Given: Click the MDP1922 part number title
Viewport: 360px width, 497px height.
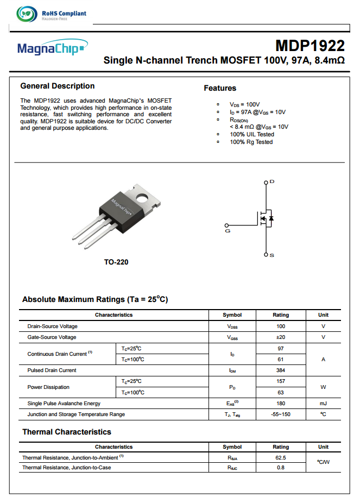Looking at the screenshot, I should pos(310,46).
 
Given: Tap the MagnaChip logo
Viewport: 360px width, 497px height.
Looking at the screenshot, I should pos(51,49).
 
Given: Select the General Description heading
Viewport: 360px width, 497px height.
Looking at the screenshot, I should pos(57,86).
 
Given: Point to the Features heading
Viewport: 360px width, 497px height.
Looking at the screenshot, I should pos(220,88).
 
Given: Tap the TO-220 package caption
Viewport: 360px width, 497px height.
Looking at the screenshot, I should pos(116,262).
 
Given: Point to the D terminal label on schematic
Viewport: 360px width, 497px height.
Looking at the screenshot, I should pos(272,181).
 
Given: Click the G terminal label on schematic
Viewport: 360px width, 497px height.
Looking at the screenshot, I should pos(227,231).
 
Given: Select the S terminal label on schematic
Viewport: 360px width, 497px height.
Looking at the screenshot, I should pos(272,255).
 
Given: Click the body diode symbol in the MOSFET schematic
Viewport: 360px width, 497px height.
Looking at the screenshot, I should pos(271,218).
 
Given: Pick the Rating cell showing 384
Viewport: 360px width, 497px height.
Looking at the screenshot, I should pos(281,370).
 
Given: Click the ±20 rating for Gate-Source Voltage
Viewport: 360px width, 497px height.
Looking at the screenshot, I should pos(281,337).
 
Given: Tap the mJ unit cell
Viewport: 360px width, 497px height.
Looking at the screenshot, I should pos(323,404).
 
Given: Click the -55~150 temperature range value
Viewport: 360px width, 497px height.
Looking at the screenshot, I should pos(281,414).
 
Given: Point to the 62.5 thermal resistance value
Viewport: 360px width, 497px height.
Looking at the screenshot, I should pos(281,458).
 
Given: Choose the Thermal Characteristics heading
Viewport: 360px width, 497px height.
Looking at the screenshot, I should pos(66,432).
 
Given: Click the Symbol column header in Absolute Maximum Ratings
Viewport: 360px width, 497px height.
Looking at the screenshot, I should pos(232,315).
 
